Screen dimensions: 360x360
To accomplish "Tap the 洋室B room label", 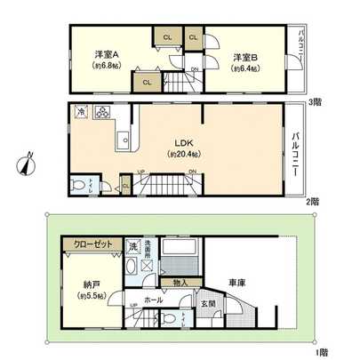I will tap(245, 58).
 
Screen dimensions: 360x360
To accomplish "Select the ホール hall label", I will tap(154, 301).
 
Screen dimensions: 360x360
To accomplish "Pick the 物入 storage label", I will tap(176, 284).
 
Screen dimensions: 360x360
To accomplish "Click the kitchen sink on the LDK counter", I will tap(125, 139).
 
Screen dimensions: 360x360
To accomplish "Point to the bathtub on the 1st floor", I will tap(182, 245).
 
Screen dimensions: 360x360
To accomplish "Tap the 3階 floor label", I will tap(313, 101).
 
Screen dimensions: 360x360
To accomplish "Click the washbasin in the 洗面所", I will tap(131, 268).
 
